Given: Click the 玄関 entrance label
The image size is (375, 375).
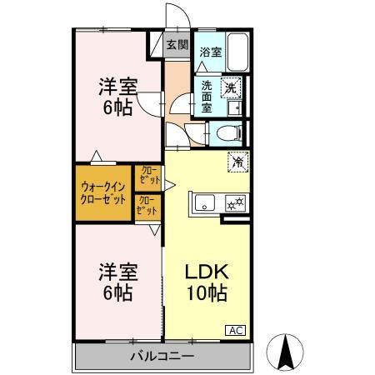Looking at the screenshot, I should pos(177,46).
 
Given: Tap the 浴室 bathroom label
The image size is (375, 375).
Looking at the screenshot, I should pos(210,52).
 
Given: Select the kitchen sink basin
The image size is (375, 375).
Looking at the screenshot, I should pos(205,202).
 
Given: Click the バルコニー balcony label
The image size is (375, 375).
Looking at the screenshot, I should pos(162,357).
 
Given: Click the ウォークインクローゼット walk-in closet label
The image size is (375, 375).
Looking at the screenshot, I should pos(103,193).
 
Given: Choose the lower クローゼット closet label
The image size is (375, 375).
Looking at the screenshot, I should pos(146,205).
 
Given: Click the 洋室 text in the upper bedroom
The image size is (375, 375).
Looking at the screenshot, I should pos(117,86).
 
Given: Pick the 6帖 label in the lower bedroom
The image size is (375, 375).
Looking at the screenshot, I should pos(117,292).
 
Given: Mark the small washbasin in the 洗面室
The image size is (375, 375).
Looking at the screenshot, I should pos(233,107).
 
